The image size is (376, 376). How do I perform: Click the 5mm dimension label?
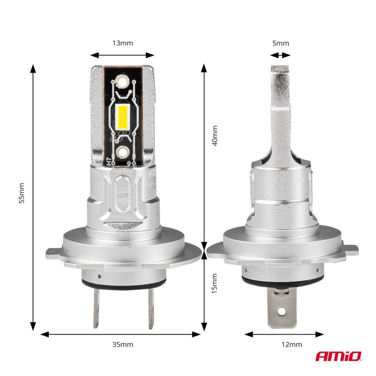click(280, 43)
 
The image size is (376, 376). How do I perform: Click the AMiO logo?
click(338, 356)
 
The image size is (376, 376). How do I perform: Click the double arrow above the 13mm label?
click(122, 54)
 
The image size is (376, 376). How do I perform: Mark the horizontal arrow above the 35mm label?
click(121, 334)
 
